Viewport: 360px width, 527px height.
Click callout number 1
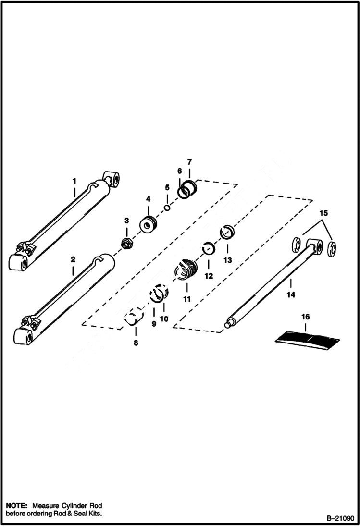coord(74,181)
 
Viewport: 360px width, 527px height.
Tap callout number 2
coord(73,259)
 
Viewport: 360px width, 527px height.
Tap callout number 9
coord(154,324)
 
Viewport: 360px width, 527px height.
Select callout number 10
coord(164,318)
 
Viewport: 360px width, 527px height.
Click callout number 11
coord(187,299)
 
